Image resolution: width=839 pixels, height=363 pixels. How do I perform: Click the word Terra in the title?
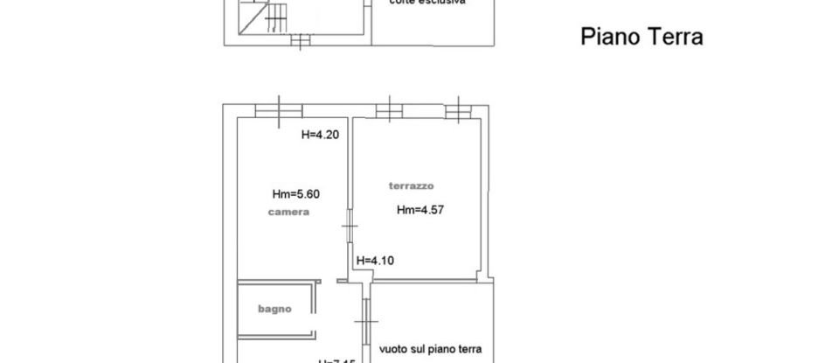tap(674, 38)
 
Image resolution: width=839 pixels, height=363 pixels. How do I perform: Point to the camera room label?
tap(288, 213)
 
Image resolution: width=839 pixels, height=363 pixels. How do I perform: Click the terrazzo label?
tap(411, 185)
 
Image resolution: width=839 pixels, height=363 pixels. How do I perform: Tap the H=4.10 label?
tap(378, 260)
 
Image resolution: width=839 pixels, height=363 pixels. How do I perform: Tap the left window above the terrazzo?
tap(388, 110)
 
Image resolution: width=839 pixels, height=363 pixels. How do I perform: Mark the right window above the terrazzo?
tap(457, 110)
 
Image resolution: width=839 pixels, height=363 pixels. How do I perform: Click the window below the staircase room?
tap(300, 40)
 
